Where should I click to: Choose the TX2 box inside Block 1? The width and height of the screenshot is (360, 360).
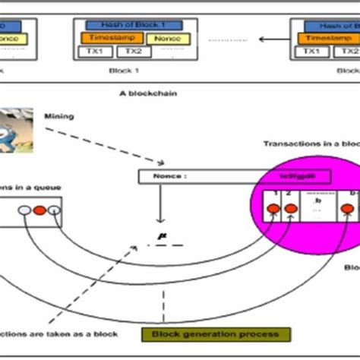[x=134, y=52]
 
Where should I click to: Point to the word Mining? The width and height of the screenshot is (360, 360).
[x=82, y=118]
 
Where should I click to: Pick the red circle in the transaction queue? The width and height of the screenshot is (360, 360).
[x=38, y=210]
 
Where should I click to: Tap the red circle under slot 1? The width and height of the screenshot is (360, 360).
[x=270, y=209]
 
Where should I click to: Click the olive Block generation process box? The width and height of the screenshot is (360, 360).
[x=210, y=335]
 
